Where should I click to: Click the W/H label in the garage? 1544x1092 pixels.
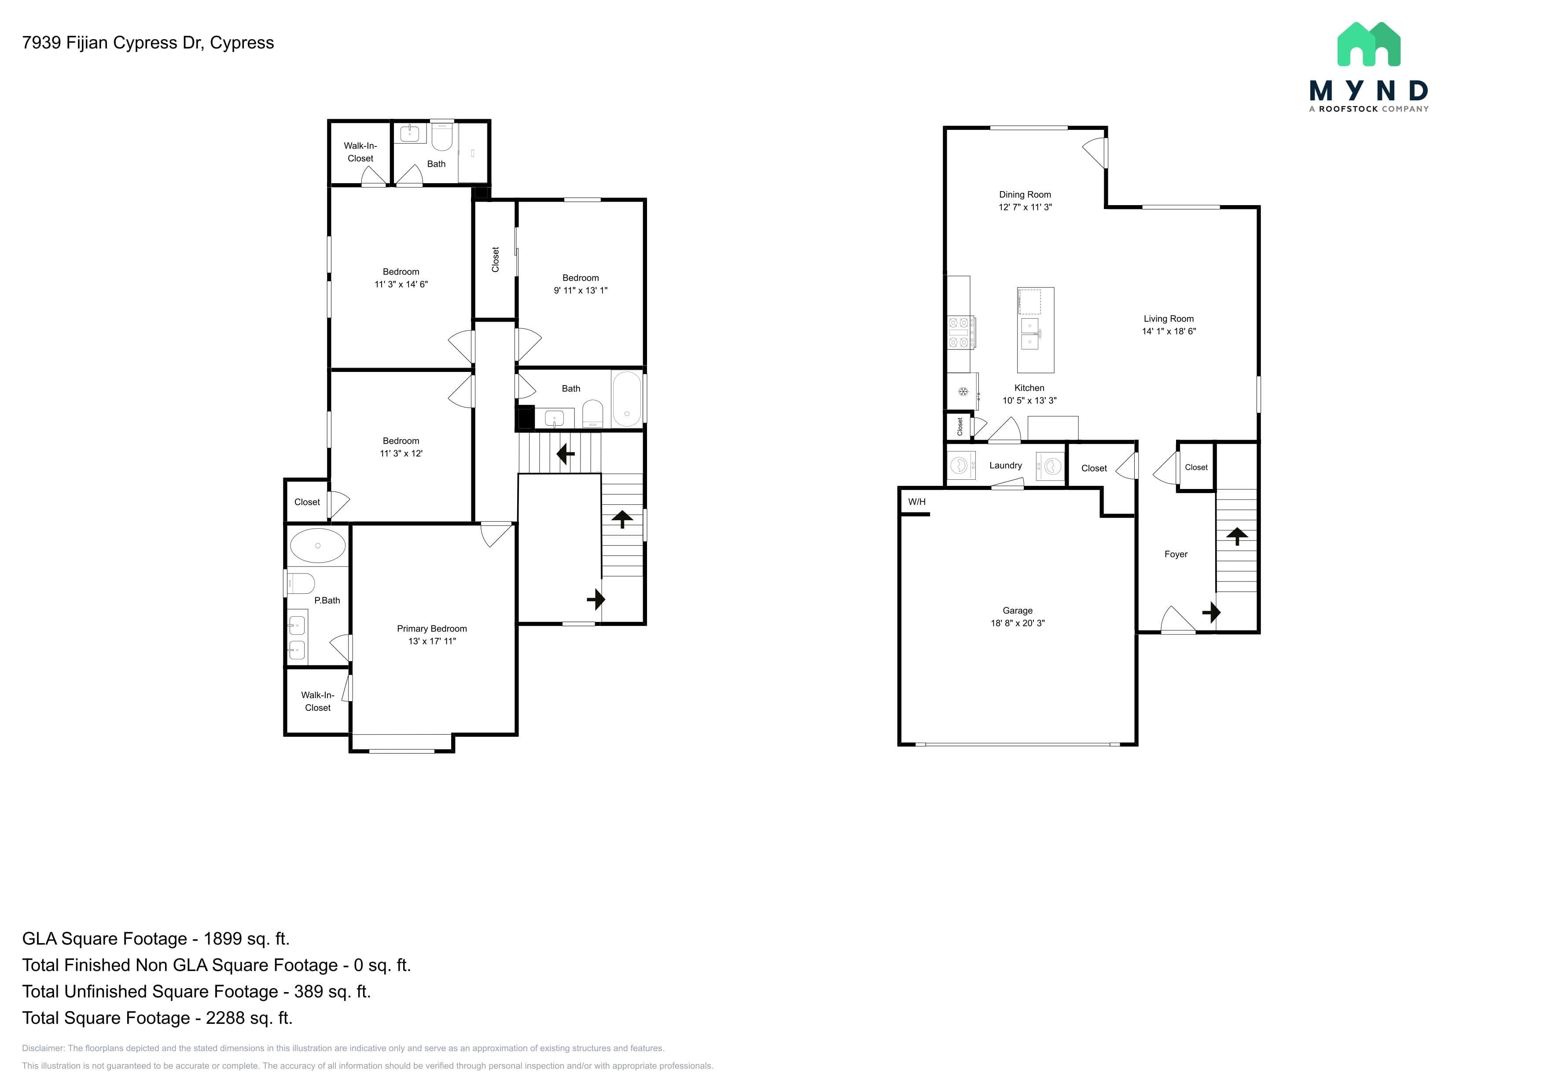click(916, 502)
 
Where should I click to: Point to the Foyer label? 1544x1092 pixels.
click(1176, 554)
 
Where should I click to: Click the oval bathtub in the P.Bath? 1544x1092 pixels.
click(318, 545)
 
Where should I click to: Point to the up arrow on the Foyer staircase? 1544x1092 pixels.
click(1237, 536)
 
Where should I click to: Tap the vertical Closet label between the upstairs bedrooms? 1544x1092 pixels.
click(496, 260)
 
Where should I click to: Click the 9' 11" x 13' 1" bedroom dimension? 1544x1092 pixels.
click(581, 290)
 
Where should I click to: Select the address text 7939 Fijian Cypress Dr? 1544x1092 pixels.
click(112, 43)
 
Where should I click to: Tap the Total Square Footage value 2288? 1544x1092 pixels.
click(225, 1018)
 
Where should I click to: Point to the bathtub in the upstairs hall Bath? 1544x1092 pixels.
click(627, 399)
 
